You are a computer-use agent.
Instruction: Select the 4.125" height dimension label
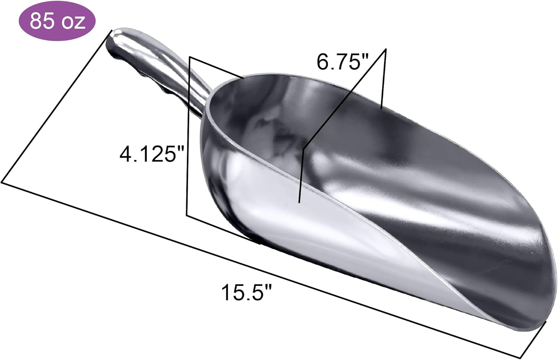pyautogui.click(x=151, y=154)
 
